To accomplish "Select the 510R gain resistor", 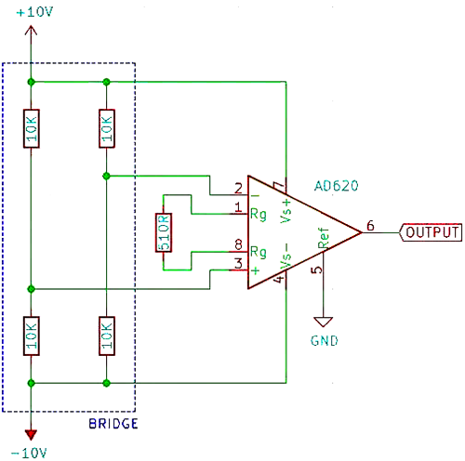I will point(163,232).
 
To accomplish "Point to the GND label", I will point(324,340).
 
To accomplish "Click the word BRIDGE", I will point(113,424).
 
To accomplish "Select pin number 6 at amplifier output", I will point(370,225).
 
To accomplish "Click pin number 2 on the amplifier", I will point(238,187).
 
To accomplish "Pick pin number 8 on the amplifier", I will point(238,245).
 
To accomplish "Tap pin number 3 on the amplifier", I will point(238,264).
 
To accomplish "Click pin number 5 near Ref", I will point(315,270).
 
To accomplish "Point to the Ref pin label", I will point(323,241).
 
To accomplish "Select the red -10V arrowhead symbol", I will point(32,433).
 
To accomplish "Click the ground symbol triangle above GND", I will point(324,320).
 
